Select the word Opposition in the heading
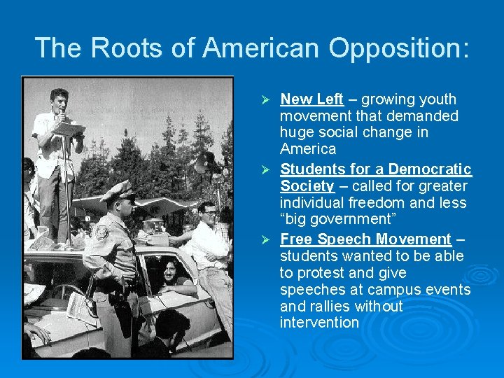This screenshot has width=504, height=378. coord(398,48)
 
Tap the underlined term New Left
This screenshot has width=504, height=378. coord(311,99)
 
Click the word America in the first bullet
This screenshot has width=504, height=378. coord(308,149)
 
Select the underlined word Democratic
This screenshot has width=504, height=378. coord(430,169)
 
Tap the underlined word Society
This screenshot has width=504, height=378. coord(307,186)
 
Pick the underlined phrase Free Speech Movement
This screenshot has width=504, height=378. coord(365,239)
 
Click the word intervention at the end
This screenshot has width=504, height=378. coord(319,323)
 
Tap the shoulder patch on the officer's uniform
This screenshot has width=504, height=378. coord(102,232)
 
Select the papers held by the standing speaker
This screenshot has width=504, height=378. coord(68,129)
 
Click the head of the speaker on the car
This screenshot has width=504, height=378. coord(59,102)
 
